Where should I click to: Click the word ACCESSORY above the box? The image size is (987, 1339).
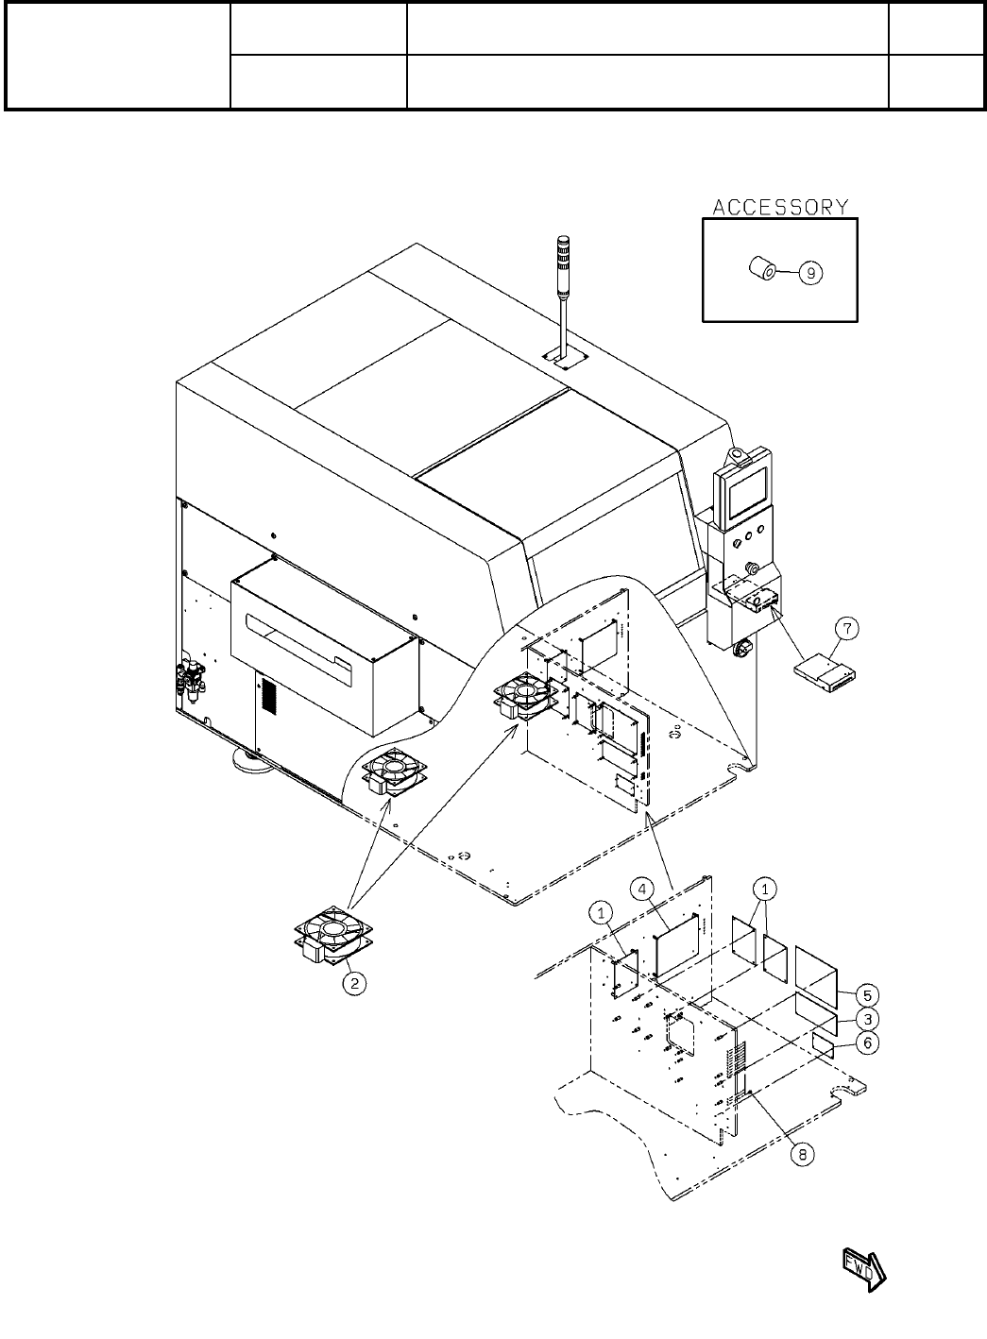[x=779, y=207]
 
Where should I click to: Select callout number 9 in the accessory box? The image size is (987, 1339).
[x=811, y=273]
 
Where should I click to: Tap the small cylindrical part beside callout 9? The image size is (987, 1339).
[x=762, y=271]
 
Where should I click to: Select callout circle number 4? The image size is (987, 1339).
[x=641, y=890]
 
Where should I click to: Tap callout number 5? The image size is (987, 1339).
[x=868, y=994]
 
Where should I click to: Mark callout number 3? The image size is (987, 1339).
[x=868, y=1019]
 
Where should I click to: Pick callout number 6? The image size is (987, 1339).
[x=868, y=1042]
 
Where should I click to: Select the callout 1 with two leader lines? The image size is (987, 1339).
[x=766, y=889]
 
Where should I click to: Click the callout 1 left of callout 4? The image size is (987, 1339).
[x=602, y=912]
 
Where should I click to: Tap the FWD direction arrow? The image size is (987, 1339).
[x=863, y=1266]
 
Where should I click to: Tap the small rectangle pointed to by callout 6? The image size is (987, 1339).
[x=824, y=1043]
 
